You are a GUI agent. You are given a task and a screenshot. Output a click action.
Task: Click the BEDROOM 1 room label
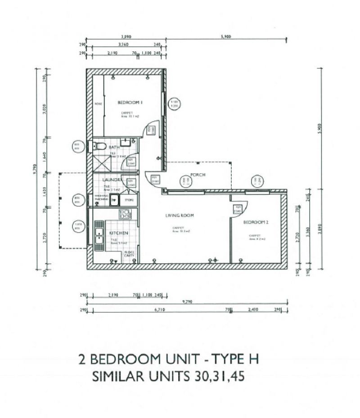(x=130, y=103)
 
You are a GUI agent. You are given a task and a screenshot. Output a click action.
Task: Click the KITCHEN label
(x=119, y=233)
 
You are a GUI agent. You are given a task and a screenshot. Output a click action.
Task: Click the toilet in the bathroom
(x=99, y=146)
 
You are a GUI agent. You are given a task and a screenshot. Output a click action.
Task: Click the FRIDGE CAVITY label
(x=130, y=254)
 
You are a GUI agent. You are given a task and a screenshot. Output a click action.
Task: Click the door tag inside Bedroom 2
(x=237, y=209)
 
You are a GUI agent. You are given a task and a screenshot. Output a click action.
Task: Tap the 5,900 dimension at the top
(x=226, y=37)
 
